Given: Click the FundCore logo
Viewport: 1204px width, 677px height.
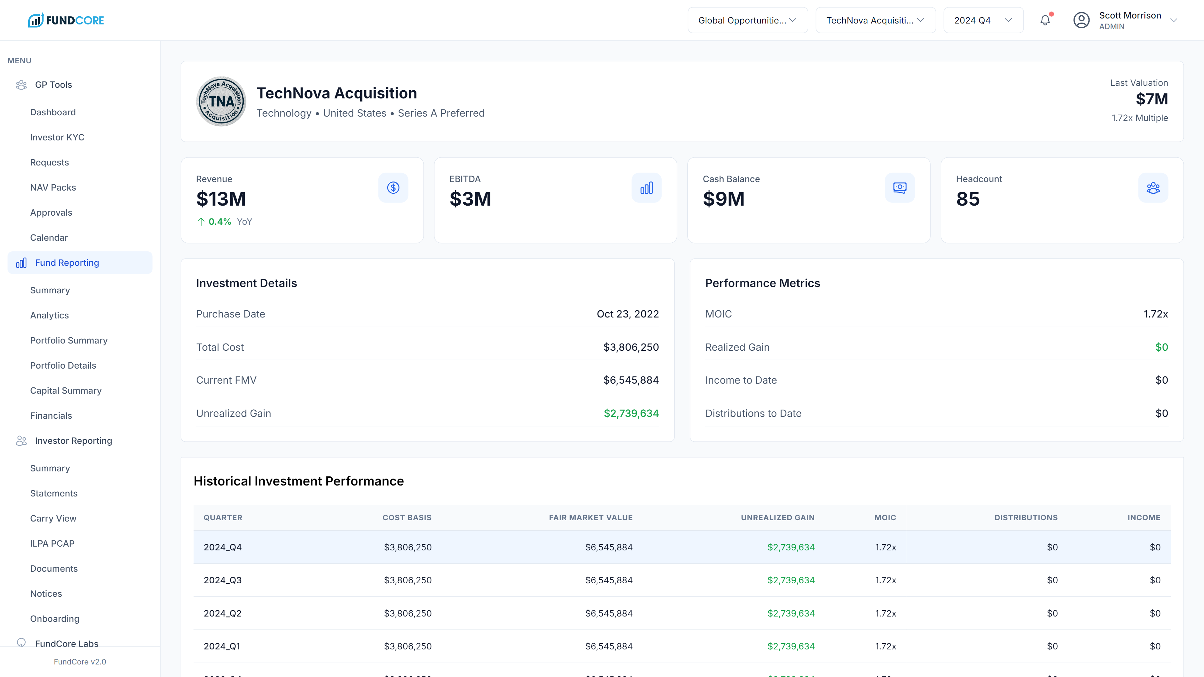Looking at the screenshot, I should pyautogui.click(x=66, y=20).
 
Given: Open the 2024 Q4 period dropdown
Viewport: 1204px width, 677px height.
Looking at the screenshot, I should pyautogui.click(x=983, y=20).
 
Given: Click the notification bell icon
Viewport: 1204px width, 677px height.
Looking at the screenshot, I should pyautogui.click(x=1045, y=20).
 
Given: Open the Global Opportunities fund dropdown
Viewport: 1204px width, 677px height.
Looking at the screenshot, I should pyautogui.click(x=747, y=20).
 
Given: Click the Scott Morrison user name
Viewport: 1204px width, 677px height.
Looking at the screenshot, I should pyautogui.click(x=1130, y=15).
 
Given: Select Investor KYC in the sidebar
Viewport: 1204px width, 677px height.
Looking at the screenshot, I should pyautogui.click(x=57, y=137).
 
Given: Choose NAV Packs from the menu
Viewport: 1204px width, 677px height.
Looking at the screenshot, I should pyautogui.click(x=53, y=187).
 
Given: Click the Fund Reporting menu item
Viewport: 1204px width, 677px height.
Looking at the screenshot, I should pyautogui.click(x=67, y=263).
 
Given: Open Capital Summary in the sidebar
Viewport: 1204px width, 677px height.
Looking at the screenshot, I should pyautogui.click(x=66, y=391).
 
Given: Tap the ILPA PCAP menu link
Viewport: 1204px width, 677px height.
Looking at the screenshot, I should pyautogui.click(x=52, y=543).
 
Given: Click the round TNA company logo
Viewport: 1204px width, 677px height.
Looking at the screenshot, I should pyautogui.click(x=221, y=101).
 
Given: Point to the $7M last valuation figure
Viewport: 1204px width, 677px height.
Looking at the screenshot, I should pyautogui.click(x=1152, y=99).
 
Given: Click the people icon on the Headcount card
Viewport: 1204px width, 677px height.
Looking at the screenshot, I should pyautogui.click(x=1153, y=188).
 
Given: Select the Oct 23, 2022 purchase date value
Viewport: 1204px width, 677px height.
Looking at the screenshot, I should pyautogui.click(x=627, y=314).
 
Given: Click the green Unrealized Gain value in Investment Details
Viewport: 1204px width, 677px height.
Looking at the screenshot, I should pyautogui.click(x=631, y=413).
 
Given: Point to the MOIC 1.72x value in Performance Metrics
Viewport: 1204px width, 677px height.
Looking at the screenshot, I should pyautogui.click(x=1155, y=314).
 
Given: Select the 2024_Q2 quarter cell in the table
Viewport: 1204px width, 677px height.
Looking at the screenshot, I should pyautogui.click(x=223, y=613).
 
